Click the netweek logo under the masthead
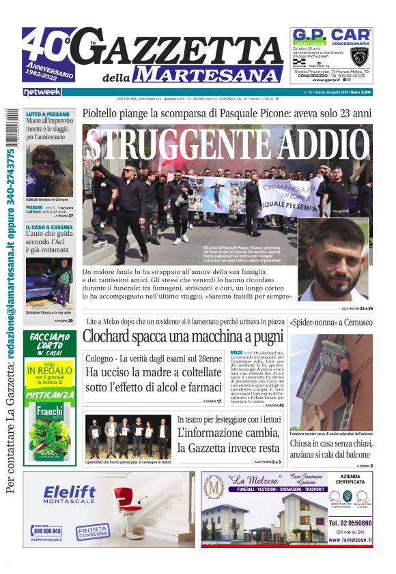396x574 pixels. click(x=42, y=91)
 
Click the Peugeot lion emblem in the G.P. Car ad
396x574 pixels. click(x=358, y=57)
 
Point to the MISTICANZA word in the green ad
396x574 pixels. click(x=49, y=394)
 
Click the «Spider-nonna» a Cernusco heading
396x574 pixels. click(x=330, y=322)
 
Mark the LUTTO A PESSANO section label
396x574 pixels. click(x=47, y=115)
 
